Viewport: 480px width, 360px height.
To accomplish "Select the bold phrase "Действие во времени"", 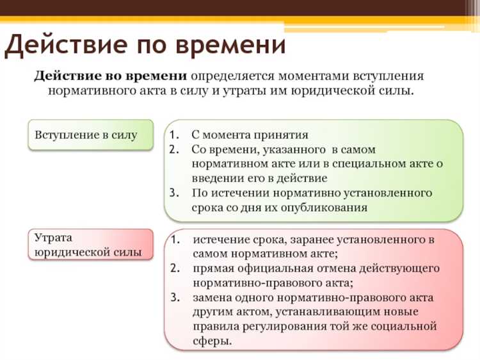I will point(111,76).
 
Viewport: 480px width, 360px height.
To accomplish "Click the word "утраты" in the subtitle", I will point(240,91).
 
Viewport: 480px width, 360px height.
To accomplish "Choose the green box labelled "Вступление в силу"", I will point(90,135).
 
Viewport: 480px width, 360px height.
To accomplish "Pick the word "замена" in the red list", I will point(211,298).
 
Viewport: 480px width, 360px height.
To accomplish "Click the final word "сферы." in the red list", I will point(212,341).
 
